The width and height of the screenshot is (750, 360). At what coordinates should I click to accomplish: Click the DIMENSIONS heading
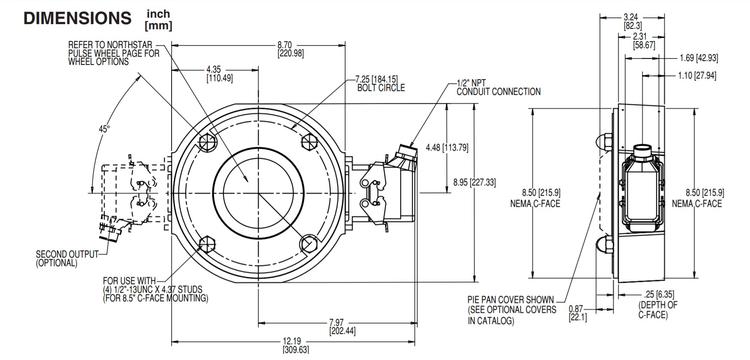coord(68,18)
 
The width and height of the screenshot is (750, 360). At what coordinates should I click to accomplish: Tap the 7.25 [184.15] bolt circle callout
coord(377,82)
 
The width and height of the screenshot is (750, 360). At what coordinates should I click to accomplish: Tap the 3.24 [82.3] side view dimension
coord(632,21)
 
